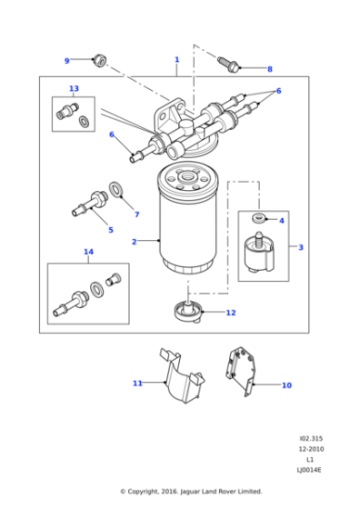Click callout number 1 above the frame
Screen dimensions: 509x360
(176, 59)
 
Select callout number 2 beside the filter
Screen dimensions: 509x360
(134, 242)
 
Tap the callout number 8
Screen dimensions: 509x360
(269, 69)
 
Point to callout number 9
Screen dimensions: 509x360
(66, 61)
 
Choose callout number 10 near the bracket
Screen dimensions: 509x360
(286, 385)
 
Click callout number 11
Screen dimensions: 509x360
(137, 384)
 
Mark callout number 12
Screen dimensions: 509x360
(231, 313)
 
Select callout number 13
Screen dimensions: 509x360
(74, 89)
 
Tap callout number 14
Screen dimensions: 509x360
(88, 252)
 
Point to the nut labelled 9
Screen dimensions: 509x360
(100, 61)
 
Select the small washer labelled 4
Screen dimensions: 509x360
(258, 219)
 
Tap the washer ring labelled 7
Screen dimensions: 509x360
(117, 190)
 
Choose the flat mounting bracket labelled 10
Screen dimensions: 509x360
(240, 369)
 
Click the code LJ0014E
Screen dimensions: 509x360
(308, 470)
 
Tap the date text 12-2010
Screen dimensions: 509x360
(308, 448)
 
